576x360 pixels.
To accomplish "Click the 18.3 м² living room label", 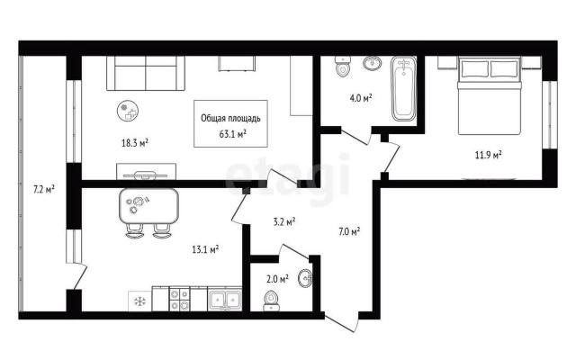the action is (x=135, y=142).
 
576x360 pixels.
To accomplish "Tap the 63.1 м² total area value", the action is (x=232, y=134).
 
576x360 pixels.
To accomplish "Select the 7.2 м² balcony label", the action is (x=44, y=190).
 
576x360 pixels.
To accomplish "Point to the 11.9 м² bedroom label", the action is (x=489, y=155).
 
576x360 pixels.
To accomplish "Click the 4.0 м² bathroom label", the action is (x=361, y=98).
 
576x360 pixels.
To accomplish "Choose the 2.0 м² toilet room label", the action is (x=277, y=279).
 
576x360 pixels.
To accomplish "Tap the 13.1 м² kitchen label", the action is (x=205, y=250).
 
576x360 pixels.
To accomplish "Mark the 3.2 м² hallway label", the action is (x=284, y=222).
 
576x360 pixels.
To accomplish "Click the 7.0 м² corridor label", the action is (x=349, y=231).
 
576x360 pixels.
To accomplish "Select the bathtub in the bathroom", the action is (x=403, y=89).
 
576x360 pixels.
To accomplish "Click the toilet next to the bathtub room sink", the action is (x=343, y=67).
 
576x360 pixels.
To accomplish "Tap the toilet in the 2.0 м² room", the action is (x=272, y=301).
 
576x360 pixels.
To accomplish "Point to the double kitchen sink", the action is (x=224, y=299).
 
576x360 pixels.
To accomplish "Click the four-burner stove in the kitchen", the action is (x=179, y=299).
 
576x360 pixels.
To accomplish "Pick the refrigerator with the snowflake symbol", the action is (x=139, y=301).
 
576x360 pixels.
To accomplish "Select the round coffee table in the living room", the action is (x=128, y=111).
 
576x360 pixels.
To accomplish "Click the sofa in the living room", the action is (x=146, y=73).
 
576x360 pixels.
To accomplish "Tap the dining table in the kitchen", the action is (x=148, y=206).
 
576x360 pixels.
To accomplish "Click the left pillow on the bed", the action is (x=475, y=68).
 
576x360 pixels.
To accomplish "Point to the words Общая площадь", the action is (x=230, y=118).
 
